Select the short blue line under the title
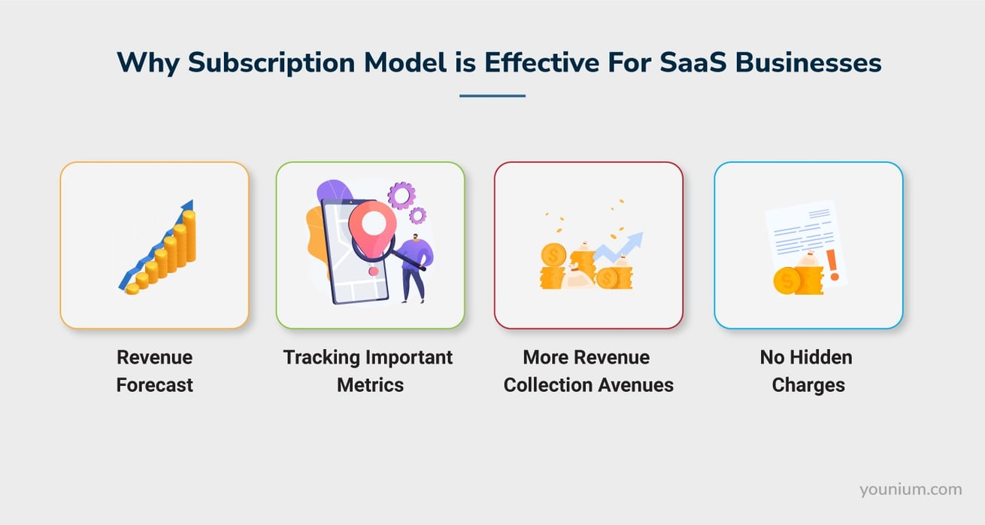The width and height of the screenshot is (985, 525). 492,96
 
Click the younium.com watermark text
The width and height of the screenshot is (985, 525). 911,490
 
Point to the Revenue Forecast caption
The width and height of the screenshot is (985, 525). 154,371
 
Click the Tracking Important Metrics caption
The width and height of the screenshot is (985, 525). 368,371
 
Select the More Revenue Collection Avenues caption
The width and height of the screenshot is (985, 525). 588,371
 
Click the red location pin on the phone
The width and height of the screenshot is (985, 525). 368,223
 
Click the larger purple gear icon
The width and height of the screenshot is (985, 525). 402,196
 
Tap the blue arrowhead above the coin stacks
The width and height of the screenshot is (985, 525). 188,206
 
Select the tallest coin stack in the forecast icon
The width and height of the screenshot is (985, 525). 189,237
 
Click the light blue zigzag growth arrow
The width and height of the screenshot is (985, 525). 620,246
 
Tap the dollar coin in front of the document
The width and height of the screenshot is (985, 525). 786,281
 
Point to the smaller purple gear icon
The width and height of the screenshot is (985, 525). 418,216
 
